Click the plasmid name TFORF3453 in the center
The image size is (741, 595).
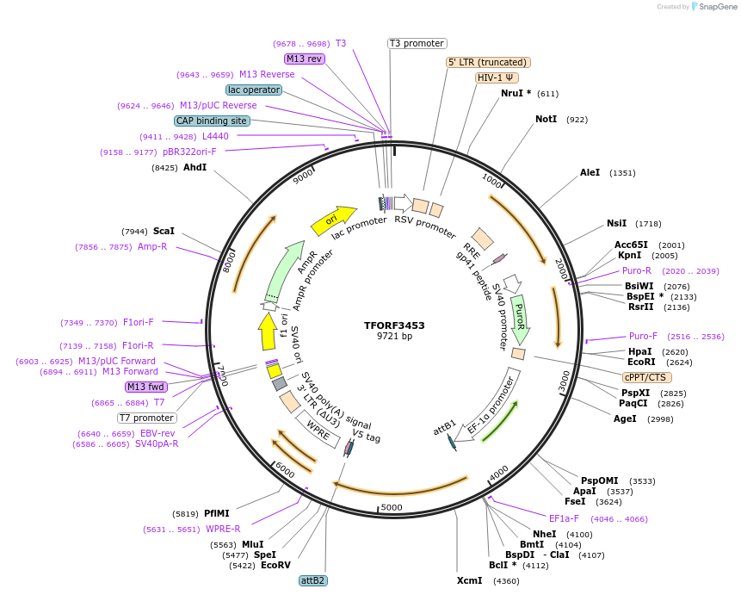coord(394,325)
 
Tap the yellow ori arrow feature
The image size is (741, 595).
coord(332,221)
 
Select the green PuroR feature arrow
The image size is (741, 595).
coord(518,316)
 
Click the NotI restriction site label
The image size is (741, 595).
coord(546,120)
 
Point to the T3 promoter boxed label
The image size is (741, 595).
coord(417,43)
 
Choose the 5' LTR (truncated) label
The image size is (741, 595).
coord(488,62)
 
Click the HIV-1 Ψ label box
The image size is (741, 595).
coord(497,77)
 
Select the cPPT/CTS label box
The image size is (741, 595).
coord(646,377)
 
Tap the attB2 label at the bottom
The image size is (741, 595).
coord(312,580)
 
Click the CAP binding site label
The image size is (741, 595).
coord(212,121)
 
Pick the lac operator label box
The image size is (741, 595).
coord(253,90)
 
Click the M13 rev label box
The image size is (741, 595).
coord(304,59)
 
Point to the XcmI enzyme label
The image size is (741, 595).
coord(469,580)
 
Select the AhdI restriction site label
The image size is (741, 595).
coord(195,167)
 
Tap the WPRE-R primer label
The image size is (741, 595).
coord(223,529)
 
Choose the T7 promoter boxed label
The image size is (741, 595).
coord(147,418)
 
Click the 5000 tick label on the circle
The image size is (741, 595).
coord(392,507)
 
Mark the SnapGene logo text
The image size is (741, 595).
coord(716,7)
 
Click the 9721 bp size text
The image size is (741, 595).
coord(394,337)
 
